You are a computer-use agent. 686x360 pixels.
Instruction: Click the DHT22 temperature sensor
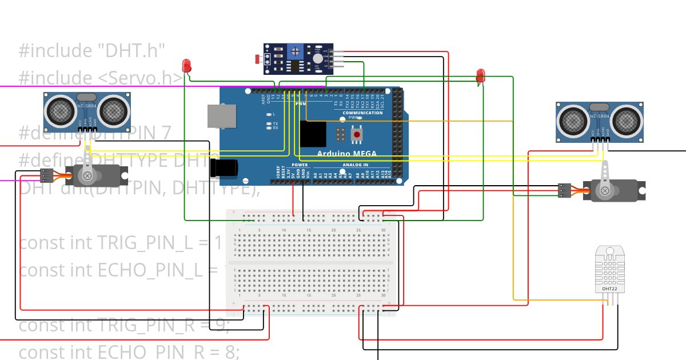click(610, 269)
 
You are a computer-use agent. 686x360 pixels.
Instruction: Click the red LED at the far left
click(186, 65)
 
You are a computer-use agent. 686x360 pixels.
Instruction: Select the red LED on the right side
click(481, 75)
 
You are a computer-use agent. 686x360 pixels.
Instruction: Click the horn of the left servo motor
click(87, 171)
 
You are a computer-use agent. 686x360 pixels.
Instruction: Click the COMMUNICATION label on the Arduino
click(362, 113)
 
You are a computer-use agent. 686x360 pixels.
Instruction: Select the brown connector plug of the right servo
click(564, 190)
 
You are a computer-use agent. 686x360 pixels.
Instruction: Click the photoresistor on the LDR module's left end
click(258, 58)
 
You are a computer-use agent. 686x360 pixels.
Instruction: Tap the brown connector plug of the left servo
click(47, 175)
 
